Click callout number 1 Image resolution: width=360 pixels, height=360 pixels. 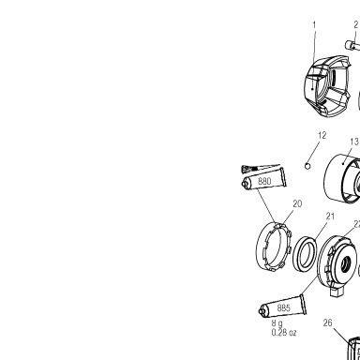[x=314, y=25]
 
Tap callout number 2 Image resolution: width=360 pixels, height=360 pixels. [x=356, y=25]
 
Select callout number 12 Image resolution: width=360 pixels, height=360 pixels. [x=322, y=135]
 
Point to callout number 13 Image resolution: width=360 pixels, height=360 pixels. [x=354, y=142]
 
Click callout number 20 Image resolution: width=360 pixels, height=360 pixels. [x=297, y=203]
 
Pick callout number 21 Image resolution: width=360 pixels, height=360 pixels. [x=330, y=217]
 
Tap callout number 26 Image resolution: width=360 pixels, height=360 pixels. [x=327, y=322]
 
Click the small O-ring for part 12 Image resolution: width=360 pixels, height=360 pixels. [x=307, y=166]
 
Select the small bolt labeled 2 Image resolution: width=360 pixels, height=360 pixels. [x=352, y=45]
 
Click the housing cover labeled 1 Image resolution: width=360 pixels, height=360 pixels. [x=326, y=87]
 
